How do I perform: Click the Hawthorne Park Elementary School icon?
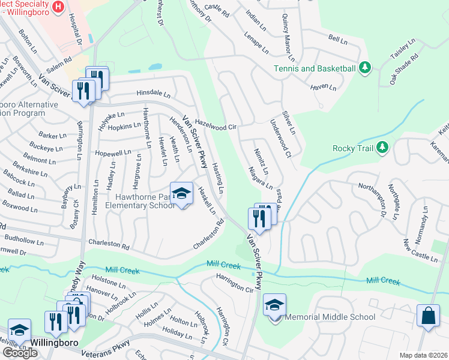pyautogui.click(x=181, y=193)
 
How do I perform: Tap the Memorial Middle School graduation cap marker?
pyautogui.click(x=274, y=305)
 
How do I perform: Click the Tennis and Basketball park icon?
pyautogui.click(x=364, y=68)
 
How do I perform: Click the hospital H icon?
pyautogui.click(x=58, y=7)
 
